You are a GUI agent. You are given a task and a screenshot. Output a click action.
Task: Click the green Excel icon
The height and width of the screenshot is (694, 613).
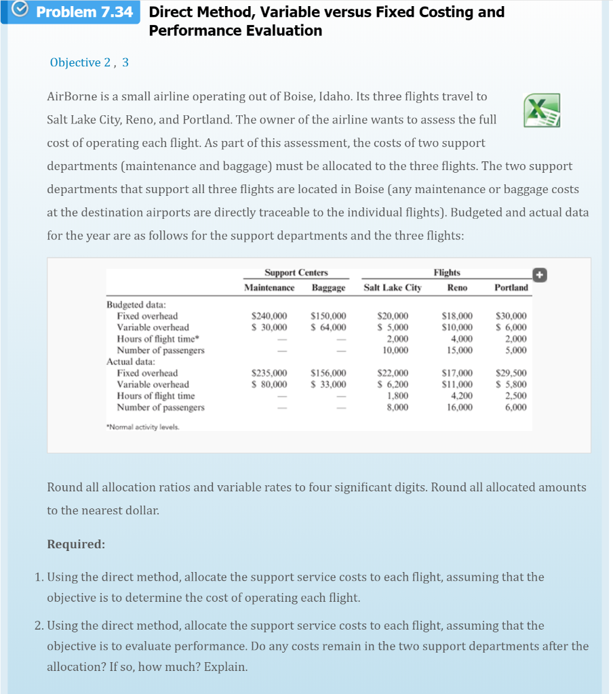542,110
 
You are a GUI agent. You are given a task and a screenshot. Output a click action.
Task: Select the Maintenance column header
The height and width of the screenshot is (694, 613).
269,288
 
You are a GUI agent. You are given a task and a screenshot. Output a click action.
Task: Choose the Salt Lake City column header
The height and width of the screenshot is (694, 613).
393,288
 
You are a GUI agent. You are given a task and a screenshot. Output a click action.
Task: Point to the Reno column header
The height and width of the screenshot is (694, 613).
457,288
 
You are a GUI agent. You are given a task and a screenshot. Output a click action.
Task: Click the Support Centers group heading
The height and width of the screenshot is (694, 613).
296,272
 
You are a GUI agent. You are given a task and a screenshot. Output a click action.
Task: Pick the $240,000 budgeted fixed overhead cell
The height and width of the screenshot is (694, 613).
269,317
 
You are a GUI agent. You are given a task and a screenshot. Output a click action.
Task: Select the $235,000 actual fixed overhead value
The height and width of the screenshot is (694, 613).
269,373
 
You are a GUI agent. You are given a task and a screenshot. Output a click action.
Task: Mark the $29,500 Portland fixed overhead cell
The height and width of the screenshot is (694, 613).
511,373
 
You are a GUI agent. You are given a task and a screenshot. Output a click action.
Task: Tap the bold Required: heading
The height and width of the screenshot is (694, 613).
76,544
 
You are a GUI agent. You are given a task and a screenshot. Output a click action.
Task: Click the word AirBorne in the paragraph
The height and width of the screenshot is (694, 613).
73,97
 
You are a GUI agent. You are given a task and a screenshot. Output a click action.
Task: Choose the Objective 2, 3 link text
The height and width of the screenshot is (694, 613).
89,62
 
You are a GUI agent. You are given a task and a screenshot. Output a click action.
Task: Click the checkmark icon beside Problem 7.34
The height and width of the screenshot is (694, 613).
20,12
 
